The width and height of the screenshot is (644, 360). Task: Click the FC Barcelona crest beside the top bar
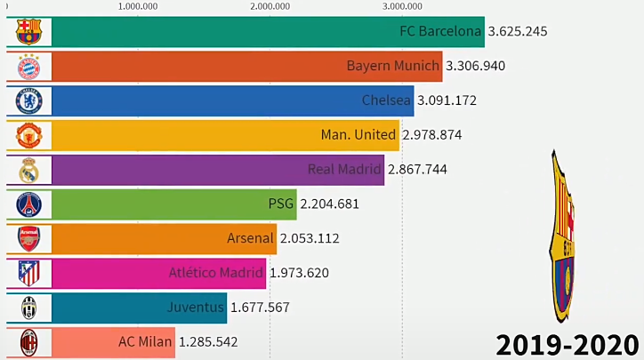(x=28, y=32)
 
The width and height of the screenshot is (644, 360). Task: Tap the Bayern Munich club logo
(x=28, y=67)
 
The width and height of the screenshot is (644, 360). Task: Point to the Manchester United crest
(x=28, y=135)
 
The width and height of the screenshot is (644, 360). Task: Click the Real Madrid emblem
(x=28, y=170)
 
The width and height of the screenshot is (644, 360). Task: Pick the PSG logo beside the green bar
(x=28, y=204)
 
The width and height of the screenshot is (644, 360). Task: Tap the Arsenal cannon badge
(x=28, y=238)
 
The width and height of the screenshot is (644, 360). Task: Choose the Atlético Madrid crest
(x=28, y=273)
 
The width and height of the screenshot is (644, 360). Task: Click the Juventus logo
(x=28, y=308)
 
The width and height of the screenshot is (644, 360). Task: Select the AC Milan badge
(x=28, y=341)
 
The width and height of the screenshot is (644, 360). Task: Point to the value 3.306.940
(x=475, y=66)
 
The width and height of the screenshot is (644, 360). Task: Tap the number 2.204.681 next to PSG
(x=330, y=204)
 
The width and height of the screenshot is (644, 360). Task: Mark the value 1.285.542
(x=208, y=341)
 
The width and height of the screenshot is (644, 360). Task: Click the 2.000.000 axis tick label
(x=270, y=6)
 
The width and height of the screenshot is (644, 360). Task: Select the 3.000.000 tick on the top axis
(x=402, y=6)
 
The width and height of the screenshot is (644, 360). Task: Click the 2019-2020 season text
(x=568, y=343)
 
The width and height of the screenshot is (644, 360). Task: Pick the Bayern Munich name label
(x=393, y=66)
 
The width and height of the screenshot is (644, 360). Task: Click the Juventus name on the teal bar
(x=196, y=308)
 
